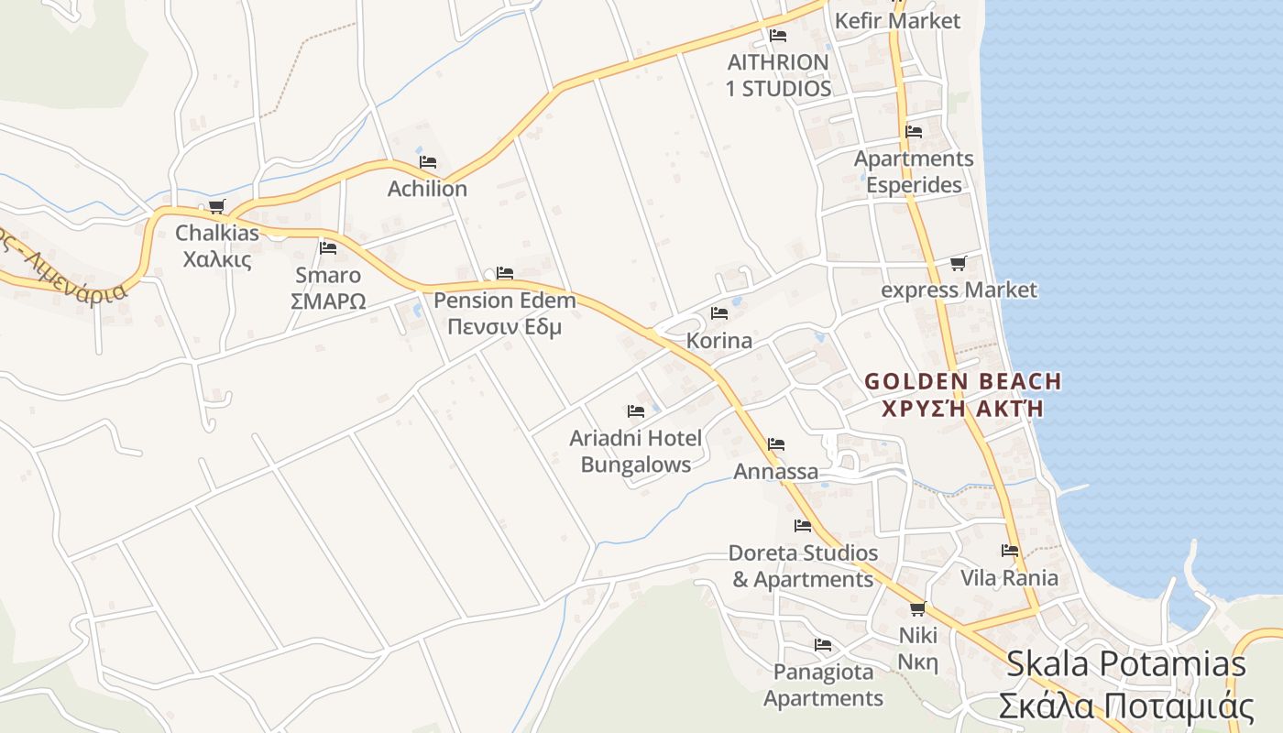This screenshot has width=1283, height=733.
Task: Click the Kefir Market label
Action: tap(897, 20)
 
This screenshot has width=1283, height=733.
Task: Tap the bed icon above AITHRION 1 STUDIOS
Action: tap(778, 36)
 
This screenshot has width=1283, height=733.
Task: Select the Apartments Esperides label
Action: tap(914, 171)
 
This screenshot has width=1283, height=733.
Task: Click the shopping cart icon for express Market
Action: tap(958, 264)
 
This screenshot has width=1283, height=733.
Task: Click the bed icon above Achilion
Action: tap(428, 162)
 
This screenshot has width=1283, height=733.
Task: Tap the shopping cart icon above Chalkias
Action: tap(216, 207)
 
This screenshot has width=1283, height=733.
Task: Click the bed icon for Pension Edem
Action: tap(504, 273)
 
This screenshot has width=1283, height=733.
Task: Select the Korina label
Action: tap(719, 341)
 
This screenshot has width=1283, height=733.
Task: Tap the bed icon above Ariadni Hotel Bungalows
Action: tap(635, 411)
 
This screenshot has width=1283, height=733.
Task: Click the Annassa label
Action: tap(776, 472)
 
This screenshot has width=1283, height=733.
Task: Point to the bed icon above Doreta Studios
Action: tap(803, 526)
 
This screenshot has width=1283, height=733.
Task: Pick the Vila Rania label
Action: tap(1009, 578)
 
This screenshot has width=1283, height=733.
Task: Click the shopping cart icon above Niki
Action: tap(917, 609)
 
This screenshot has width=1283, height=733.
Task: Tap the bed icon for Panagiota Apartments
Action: tap(823, 645)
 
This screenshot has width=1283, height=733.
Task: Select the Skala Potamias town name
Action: tap(1126, 664)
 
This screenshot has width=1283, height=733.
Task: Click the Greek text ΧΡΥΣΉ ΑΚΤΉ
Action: tap(962, 409)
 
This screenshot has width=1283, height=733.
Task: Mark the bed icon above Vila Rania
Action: tap(1010, 551)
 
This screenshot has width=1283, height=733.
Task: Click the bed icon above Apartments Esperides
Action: tap(914, 131)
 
